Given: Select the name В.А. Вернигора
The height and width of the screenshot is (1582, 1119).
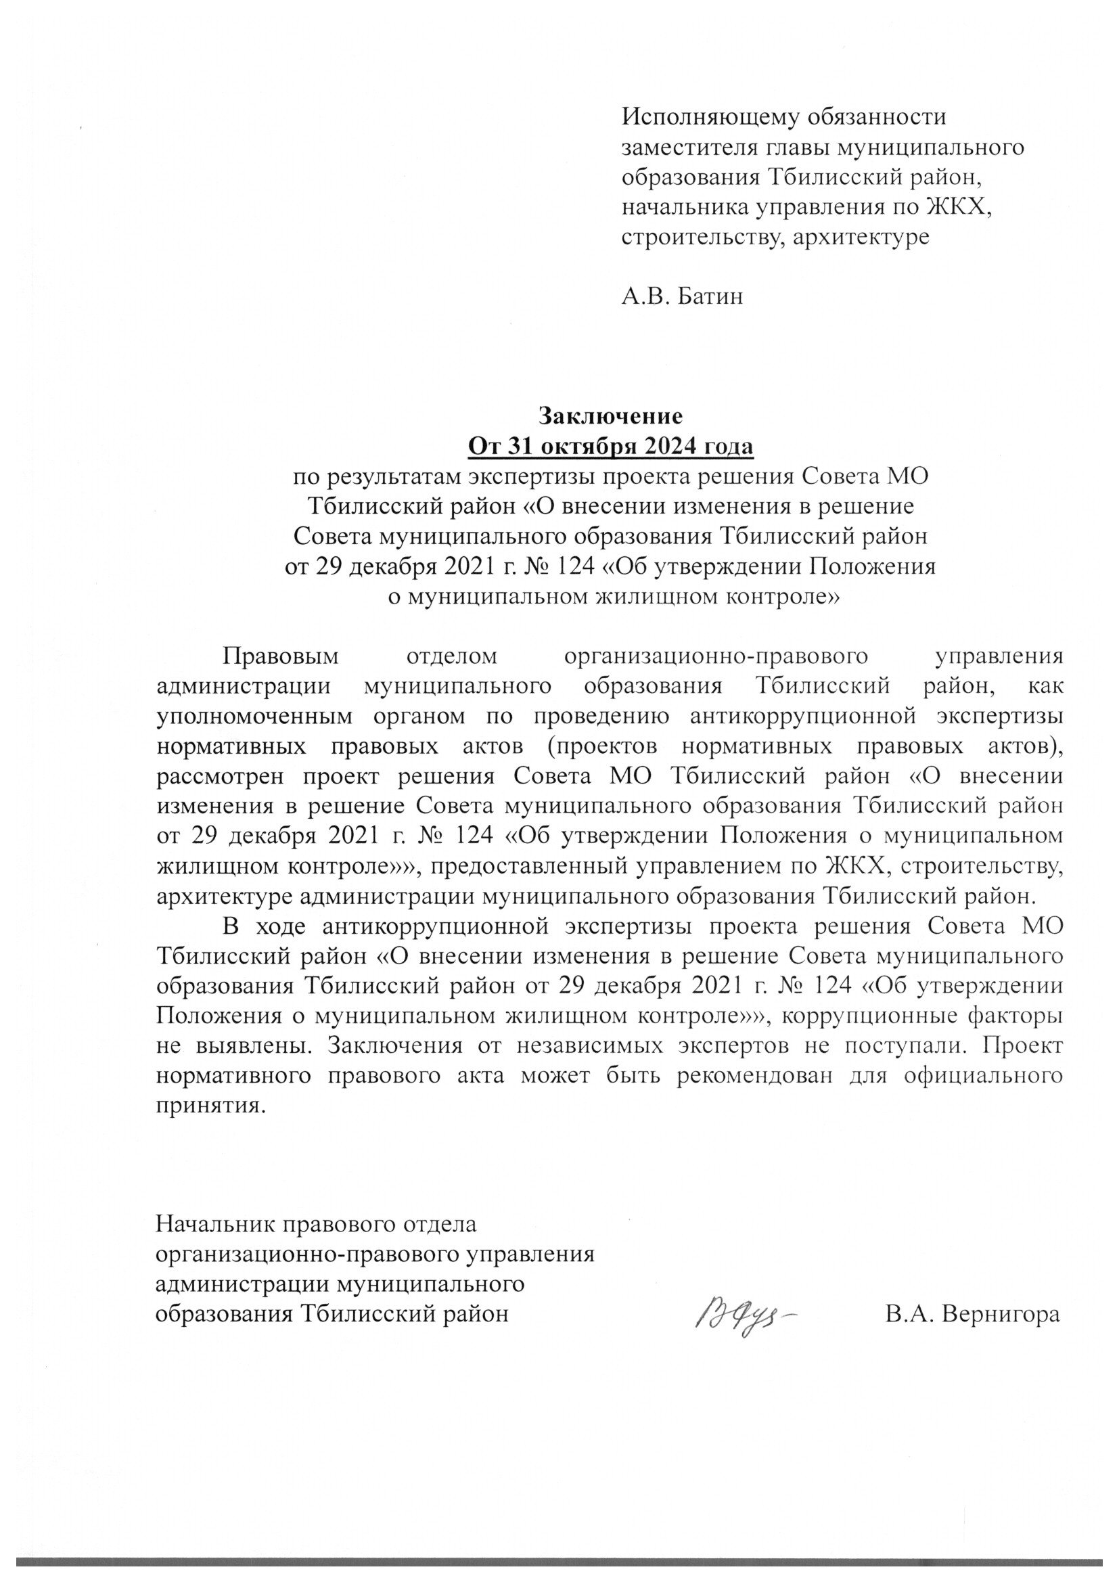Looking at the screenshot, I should [x=972, y=1314].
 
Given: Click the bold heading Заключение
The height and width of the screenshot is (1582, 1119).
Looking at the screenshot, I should [x=610, y=416].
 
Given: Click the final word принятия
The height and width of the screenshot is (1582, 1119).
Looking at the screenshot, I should [x=210, y=1106].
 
